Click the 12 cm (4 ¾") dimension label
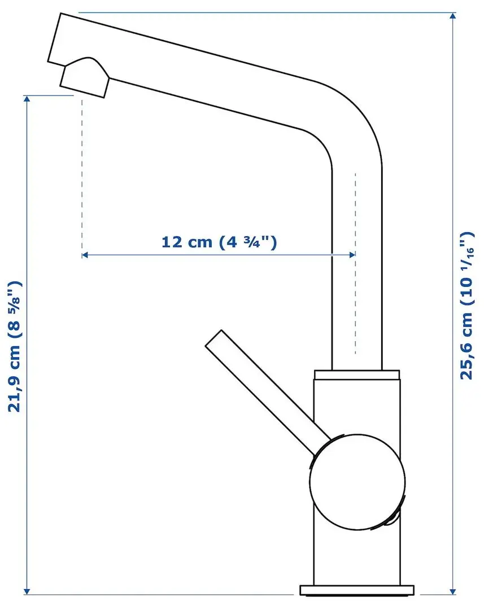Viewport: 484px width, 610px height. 219,242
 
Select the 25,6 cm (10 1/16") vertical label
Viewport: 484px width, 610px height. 466,306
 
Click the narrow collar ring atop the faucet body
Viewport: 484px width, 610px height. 357,374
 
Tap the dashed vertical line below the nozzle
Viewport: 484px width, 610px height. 82,169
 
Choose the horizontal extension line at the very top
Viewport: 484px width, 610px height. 265,12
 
